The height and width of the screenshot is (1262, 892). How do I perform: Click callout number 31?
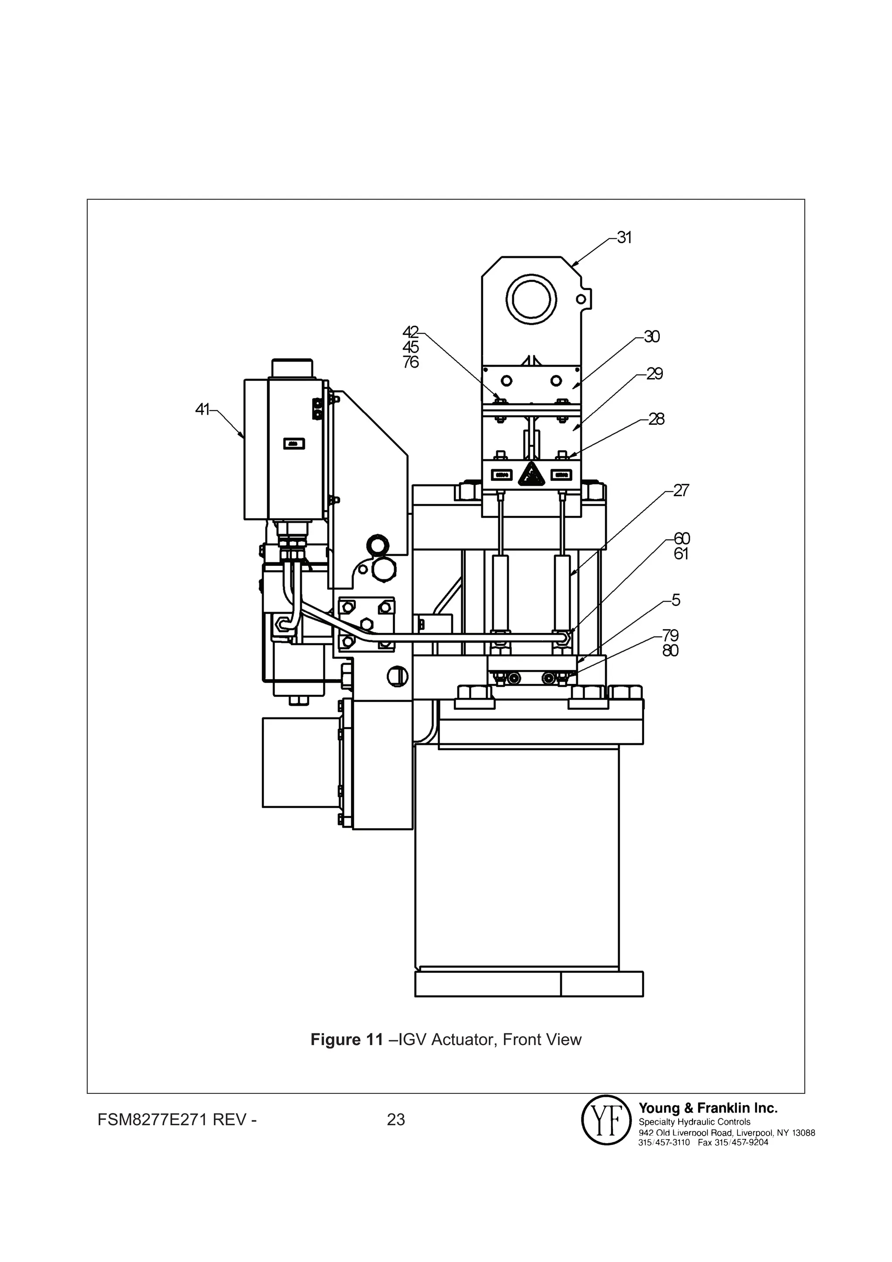pos(624,237)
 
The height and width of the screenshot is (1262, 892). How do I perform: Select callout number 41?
pos(202,409)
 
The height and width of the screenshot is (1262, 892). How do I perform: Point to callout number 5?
pos(676,600)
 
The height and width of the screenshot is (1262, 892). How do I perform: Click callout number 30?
pos(652,336)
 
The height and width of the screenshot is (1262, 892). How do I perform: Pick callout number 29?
pos(654,374)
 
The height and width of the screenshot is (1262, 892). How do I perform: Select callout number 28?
pos(656,420)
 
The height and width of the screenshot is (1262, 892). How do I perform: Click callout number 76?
pos(411,362)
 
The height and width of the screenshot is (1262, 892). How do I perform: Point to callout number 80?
pos(670,651)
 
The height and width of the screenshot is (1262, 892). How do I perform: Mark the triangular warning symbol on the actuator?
pos(531,474)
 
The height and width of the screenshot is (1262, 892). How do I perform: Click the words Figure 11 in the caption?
pos(346,1040)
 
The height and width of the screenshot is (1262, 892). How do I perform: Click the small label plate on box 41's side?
pos(294,443)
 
